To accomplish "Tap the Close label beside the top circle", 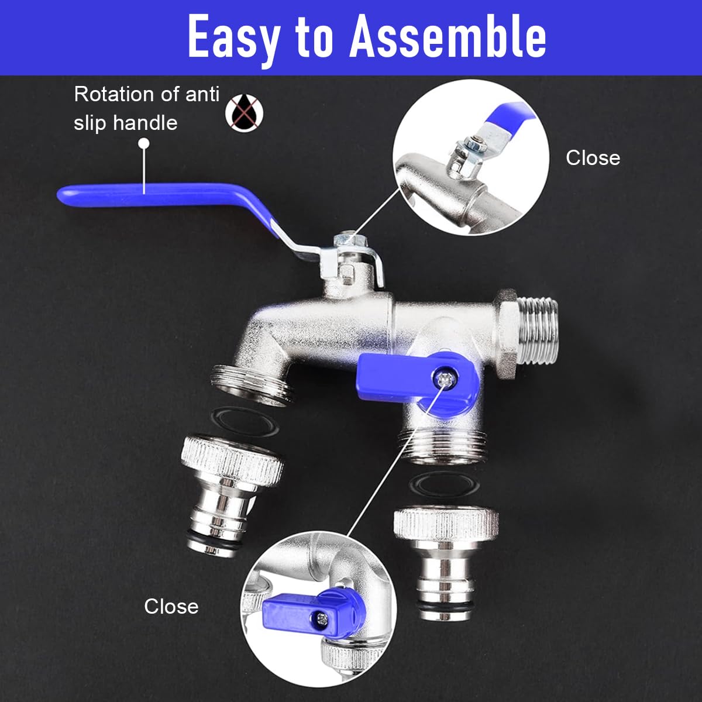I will point(593,158).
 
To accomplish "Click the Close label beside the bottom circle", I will point(171,607).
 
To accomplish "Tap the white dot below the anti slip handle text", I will point(144,143).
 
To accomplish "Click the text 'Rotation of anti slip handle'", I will point(146,108).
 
